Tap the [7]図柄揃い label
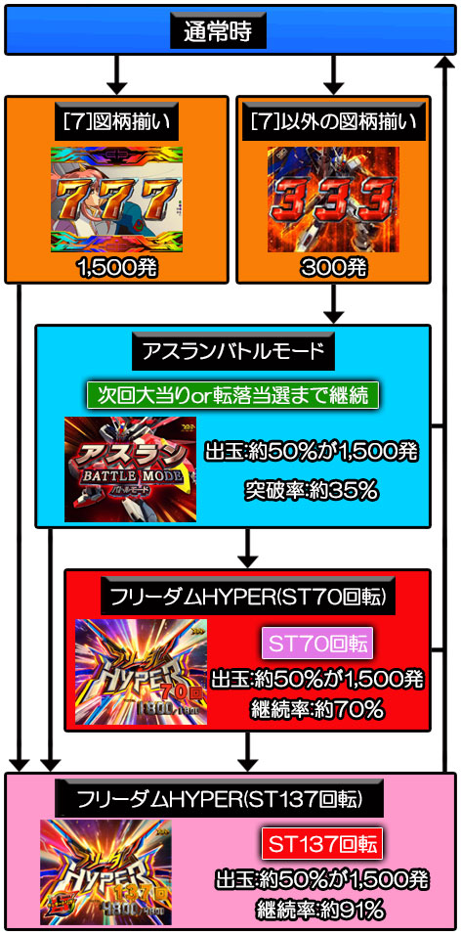pos(116,124)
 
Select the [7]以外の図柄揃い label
pos(333,124)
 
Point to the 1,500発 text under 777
pos(117,268)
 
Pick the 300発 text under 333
pos(333,268)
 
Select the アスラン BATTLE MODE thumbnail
pos(131,468)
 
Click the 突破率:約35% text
pos(312,491)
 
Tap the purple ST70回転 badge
pos(317,643)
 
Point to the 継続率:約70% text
pos(316,709)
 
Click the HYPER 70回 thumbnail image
pos(142,672)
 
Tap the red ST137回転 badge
pos(321,844)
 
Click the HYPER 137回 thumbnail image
pos(106,872)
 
